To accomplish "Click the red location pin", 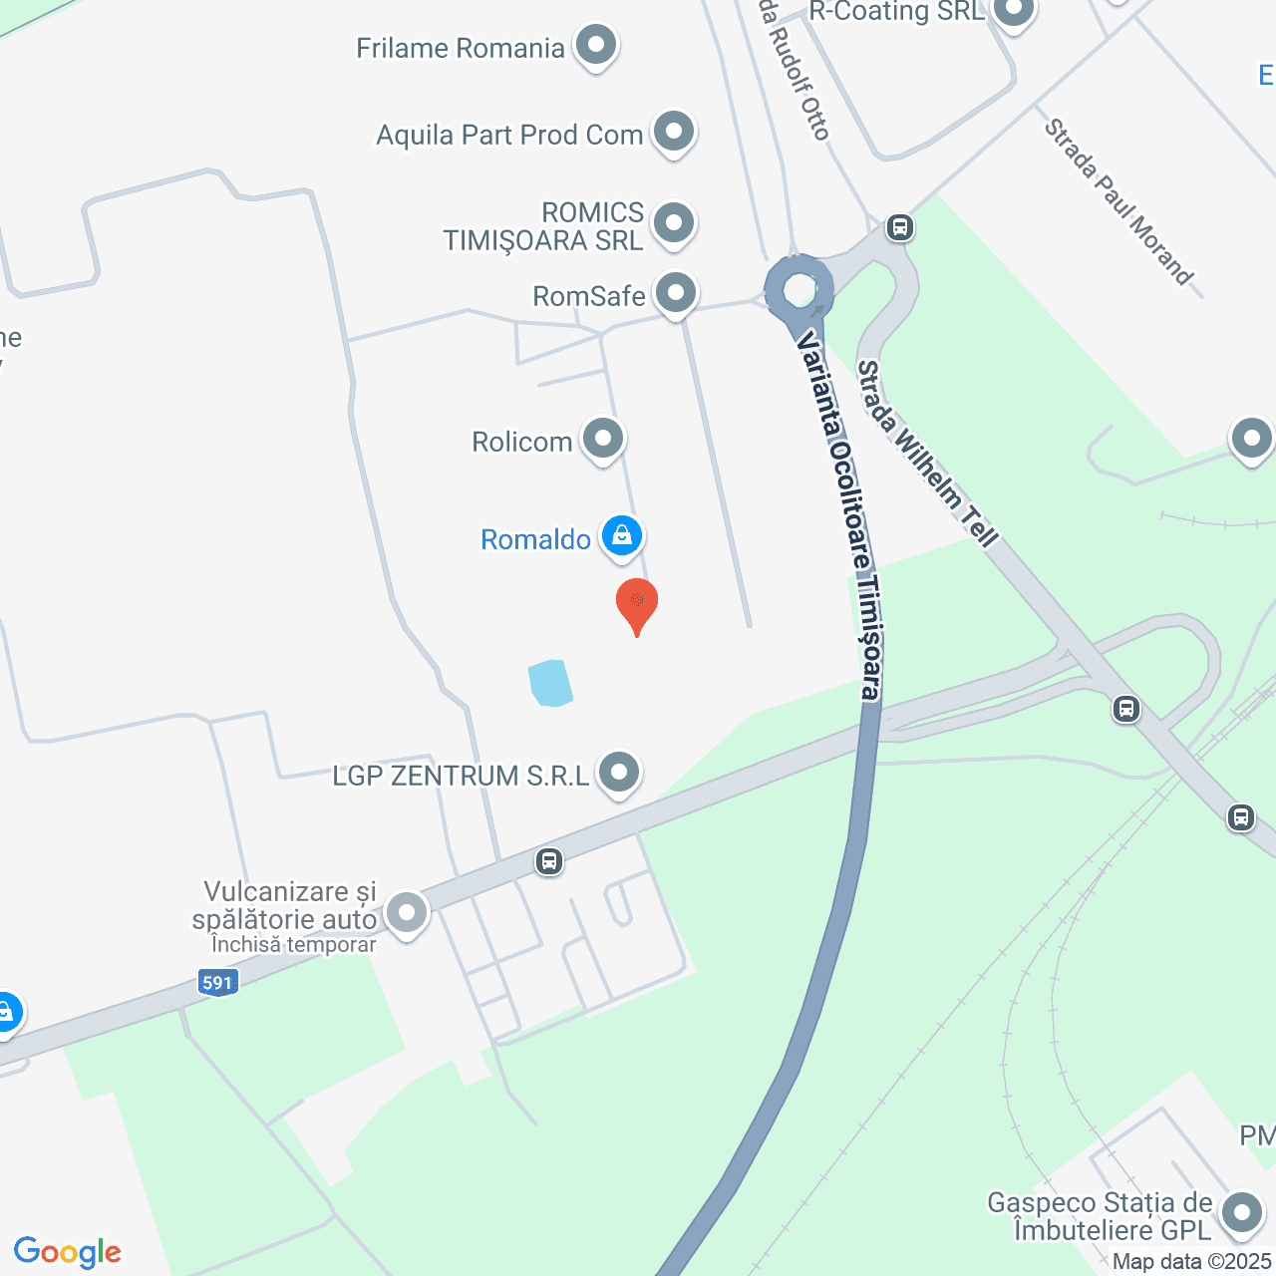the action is [637, 602].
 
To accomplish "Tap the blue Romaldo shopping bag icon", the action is [622, 536].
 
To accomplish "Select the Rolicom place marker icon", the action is [603, 439].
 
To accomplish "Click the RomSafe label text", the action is [589, 296].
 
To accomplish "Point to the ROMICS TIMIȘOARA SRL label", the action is [544, 226].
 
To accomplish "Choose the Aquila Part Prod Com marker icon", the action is [674, 132].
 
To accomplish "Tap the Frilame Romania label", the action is [461, 48].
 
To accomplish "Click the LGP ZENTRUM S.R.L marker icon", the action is [619, 773].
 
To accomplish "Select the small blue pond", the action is [550, 683].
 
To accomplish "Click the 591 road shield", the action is [217, 983].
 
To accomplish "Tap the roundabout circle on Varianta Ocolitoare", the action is [799, 290].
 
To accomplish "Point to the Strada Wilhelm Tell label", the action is [927, 455].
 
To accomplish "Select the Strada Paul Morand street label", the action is [1118, 202].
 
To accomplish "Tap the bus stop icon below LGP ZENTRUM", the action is [549, 860].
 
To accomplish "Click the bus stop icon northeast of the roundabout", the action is [900, 227].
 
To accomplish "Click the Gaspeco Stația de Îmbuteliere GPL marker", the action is [1242, 1213].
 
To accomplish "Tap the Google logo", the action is [68, 1252].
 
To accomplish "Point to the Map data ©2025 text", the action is [1192, 1262].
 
